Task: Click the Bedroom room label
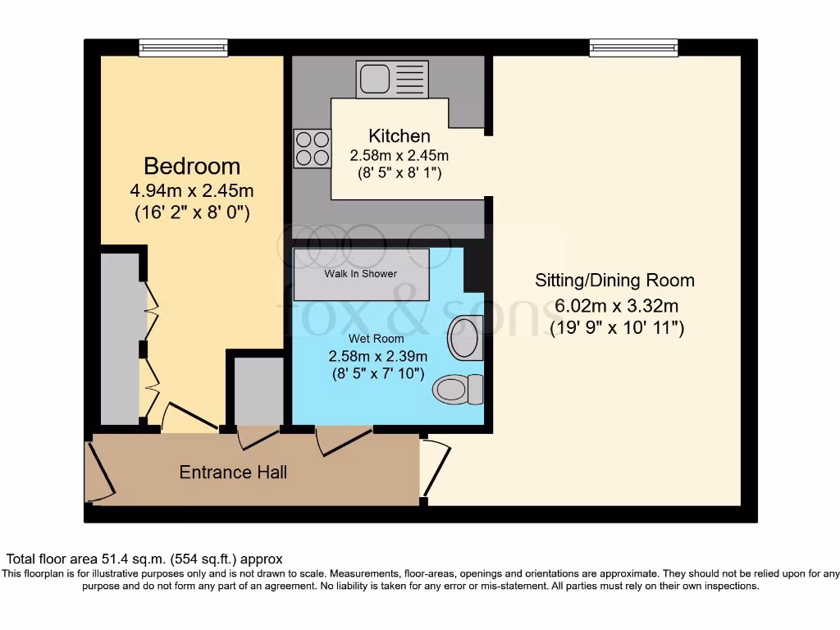[x=192, y=167]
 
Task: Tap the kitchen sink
[x=387, y=80]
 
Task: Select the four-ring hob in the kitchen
[x=311, y=148]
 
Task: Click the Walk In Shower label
[x=361, y=273]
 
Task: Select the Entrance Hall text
[x=233, y=472]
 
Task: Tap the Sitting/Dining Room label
[x=614, y=281]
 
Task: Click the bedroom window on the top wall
[x=183, y=48]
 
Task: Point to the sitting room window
[x=633, y=48]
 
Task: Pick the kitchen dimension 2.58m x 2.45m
[x=399, y=156]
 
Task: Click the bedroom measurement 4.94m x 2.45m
[x=192, y=191]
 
